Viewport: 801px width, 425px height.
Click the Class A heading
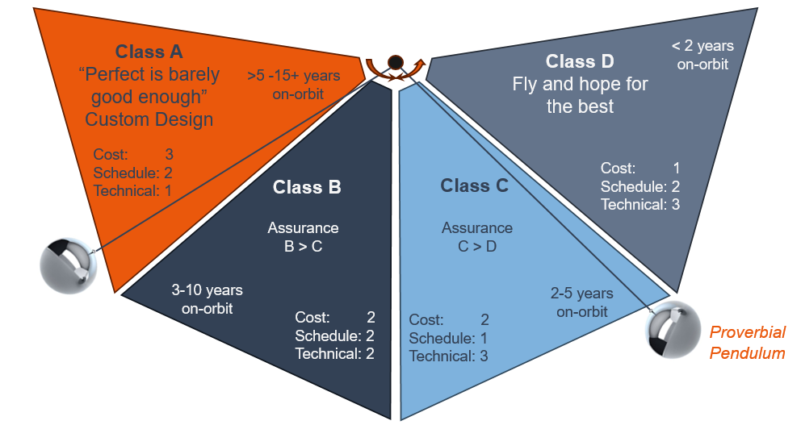[149, 52]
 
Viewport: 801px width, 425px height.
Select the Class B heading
[307, 187]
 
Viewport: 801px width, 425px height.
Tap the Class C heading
[474, 185]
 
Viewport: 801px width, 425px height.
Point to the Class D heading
[580, 61]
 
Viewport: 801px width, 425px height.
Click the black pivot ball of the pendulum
[396, 62]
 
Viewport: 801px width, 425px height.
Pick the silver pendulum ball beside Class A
[69, 265]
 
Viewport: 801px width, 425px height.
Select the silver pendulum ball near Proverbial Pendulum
[673, 329]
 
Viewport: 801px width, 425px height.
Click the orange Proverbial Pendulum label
[748, 343]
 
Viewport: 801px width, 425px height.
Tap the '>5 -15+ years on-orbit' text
[294, 85]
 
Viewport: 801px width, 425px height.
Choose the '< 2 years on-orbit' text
[702, 55]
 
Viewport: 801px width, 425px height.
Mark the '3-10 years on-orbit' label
[207, 299]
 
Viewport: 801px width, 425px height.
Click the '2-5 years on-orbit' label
[582, 302]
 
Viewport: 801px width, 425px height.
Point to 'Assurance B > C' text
[303, 237]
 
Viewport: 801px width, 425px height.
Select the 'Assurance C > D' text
[477, 237]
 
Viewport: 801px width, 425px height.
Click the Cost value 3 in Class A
[169, 154]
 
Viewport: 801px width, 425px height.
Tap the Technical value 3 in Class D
[675, 205]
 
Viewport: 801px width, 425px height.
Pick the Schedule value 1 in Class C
[484, 338]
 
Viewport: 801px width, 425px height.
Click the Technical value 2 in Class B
[371, 353]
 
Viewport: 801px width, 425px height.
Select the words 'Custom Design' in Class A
[149, 119]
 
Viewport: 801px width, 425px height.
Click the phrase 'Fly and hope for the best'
[580, 95]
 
